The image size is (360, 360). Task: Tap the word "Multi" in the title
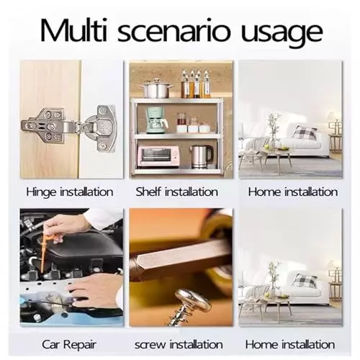pyautogui.click(x=73, y=30)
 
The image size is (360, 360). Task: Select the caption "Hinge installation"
pyautogui.click(x=70, y=192)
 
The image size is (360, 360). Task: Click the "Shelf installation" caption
pyautogui.click(x=177, y=192)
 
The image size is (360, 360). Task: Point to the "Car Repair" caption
pyautogui.click(x=69, y=345)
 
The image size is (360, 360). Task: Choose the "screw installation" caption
pyautogui.click(x=179, y=345)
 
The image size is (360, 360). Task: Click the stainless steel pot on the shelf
pyautogui.click(x=157, y=89)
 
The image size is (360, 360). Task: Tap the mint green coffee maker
pyautogui.click(x=156, y=120)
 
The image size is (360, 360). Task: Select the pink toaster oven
pyautogui.click(x=158, y=156)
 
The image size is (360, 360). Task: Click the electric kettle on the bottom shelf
pyautogui.click(x=201, y=157)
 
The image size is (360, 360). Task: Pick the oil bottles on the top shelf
pyautogui.click(x=196, y=84)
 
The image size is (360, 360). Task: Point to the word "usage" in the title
pyautogui.click(x=282, y=35)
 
